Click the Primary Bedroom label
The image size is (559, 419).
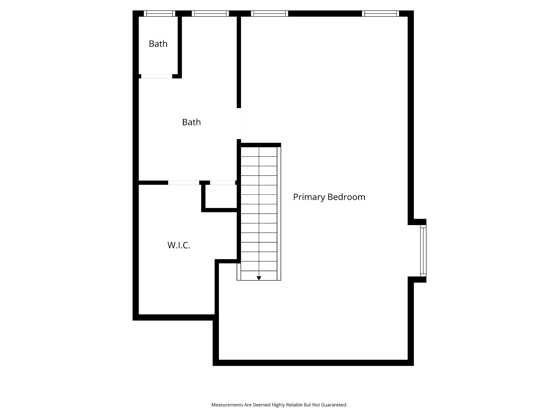[x=329, y=197]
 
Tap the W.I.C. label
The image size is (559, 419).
[x=179, y=245]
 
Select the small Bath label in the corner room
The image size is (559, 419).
[x=158, y=44]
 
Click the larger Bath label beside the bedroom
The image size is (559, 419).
[x=191, y=122]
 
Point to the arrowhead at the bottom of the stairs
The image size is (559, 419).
[x=259, y=278]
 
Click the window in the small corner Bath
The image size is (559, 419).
[x=159, y=14]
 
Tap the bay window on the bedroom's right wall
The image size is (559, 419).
[x=423, y=251]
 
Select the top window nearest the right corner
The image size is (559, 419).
[x=380, y=14]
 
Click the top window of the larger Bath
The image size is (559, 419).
[x=210, y=14]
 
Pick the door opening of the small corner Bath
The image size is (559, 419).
[x=157, y=76]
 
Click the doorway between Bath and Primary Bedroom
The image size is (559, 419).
[x=239, y=124]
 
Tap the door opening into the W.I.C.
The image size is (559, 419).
[x=184, y=183]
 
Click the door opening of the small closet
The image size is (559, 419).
[x=222, y=183]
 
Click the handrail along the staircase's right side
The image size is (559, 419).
[x=279, y=214]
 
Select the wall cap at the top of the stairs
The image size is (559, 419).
[x=261, y=145]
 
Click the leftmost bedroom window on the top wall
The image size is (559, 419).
[x=270, y=14]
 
